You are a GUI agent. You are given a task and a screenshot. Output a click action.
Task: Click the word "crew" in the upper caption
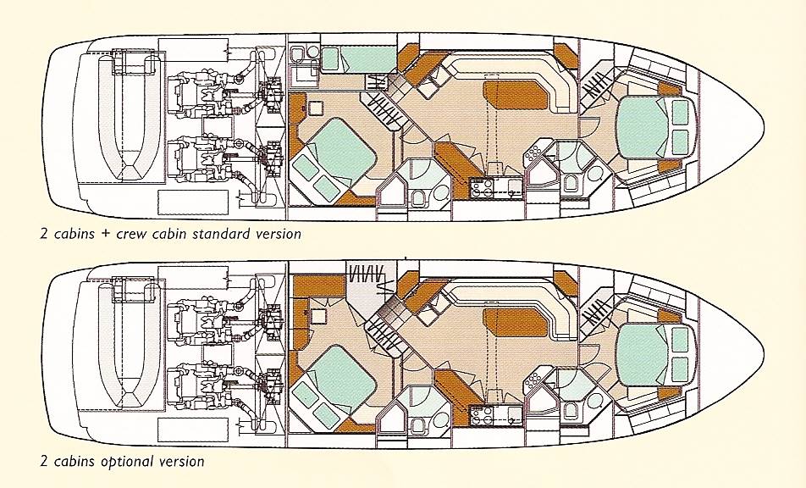125,233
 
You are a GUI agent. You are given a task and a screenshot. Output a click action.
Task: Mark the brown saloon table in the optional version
516,323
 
